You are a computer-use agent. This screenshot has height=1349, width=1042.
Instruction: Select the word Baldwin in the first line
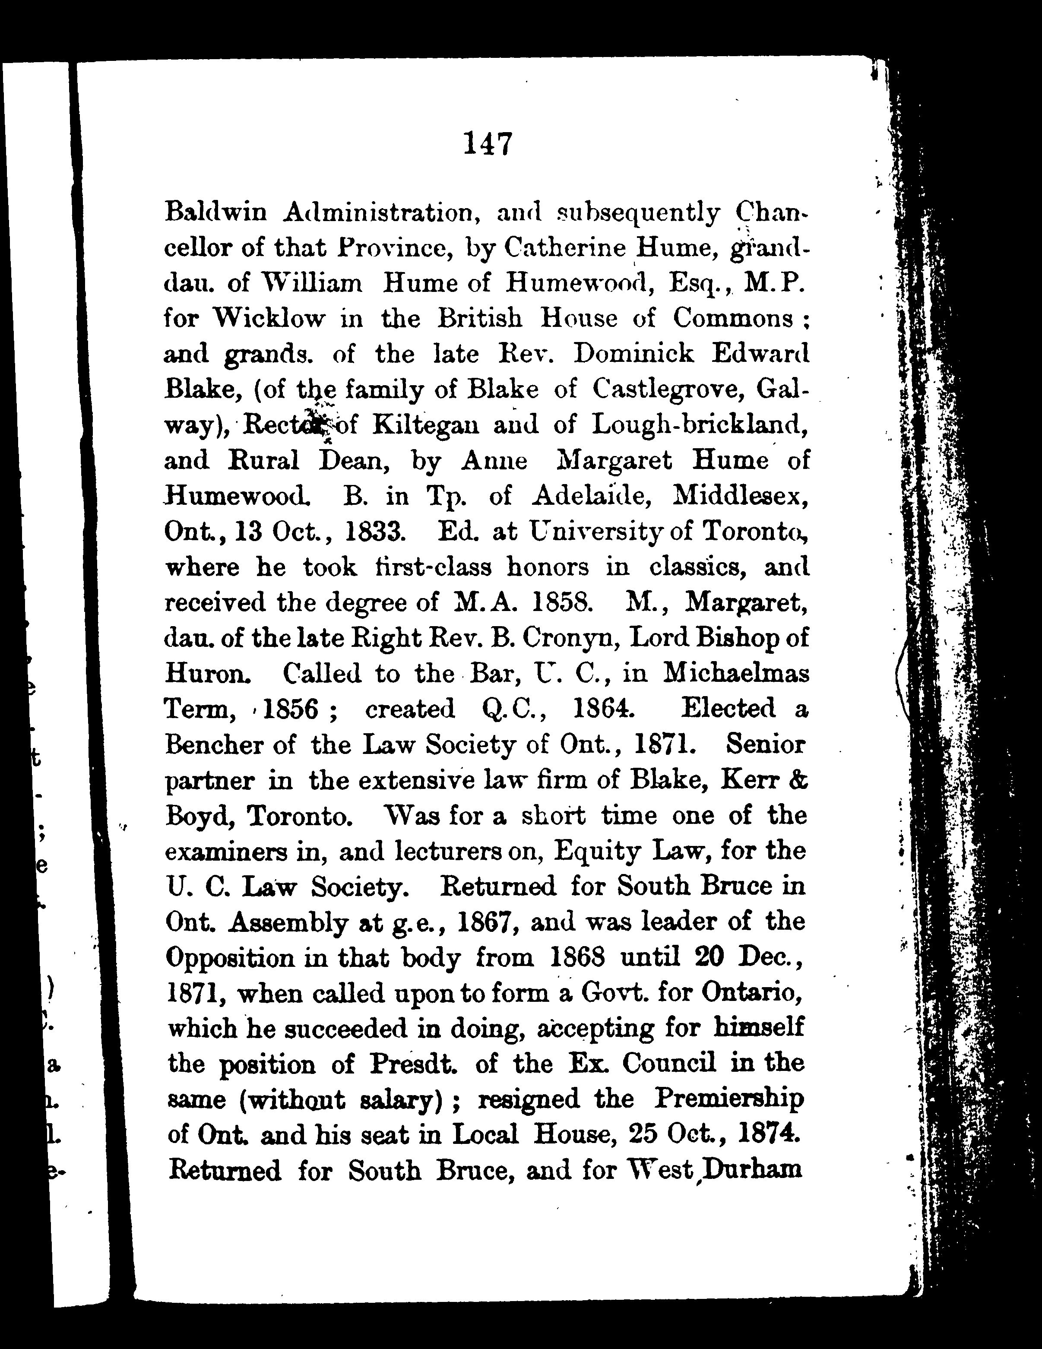pyautogui.click(x=215, y=212)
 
